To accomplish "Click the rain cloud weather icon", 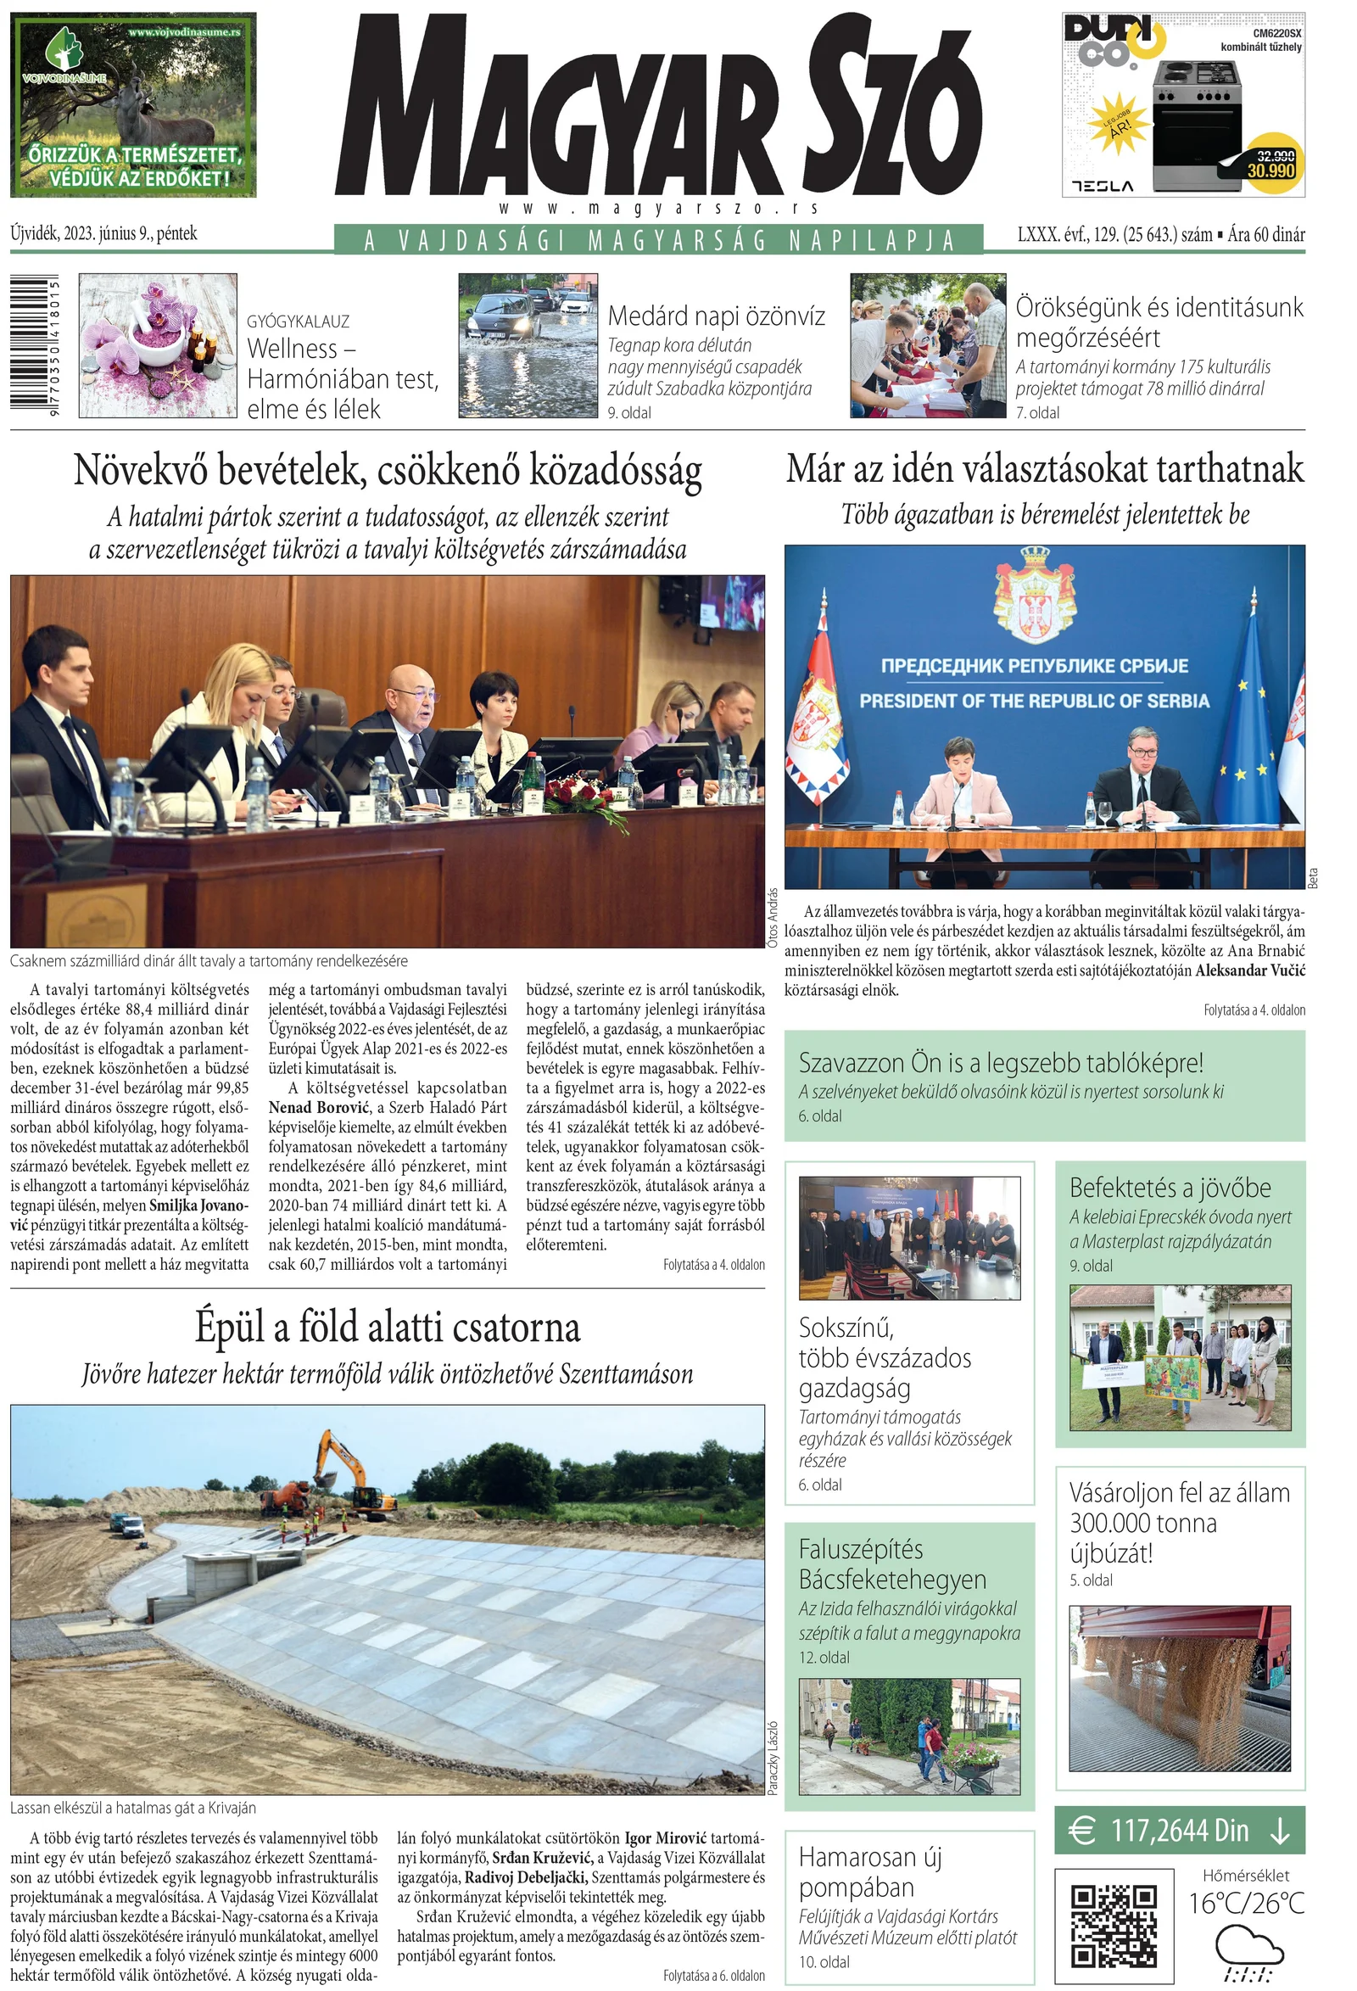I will [1248, 1952].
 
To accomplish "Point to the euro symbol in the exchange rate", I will [1083, 1831].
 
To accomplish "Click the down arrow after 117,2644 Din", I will [1280, 1831].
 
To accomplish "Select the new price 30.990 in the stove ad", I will [1270, 171].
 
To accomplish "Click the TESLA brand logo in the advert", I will [1102, 186].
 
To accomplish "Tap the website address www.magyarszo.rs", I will [658, 208].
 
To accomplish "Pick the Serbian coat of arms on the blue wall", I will [1034, 595].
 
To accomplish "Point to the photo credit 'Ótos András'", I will [773, 918].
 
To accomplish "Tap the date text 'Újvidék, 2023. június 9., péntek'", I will [103, 233].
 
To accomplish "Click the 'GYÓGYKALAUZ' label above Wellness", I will [299, 322].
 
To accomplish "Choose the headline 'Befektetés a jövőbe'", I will [1170, 1188].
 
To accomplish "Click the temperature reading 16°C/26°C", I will [1246, 1904].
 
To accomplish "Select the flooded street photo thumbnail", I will [528, 345].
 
